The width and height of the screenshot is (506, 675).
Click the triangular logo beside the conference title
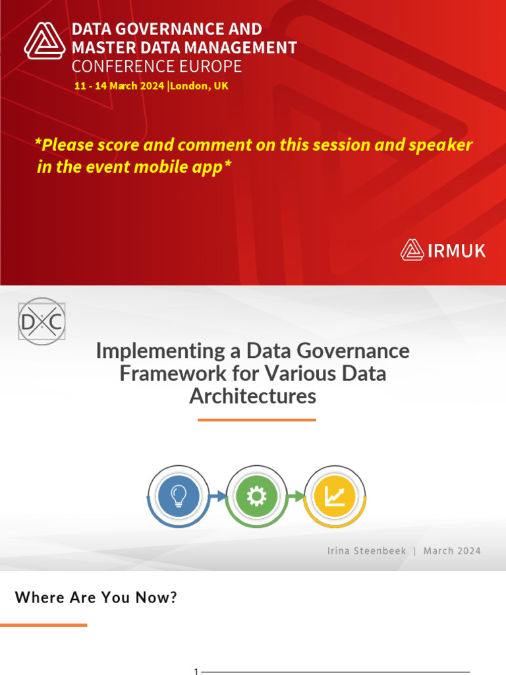click(x=45, y=41)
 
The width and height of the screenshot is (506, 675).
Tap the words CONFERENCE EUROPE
click(x=157, y=67)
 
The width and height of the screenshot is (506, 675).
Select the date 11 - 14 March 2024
click(x=119, y=86)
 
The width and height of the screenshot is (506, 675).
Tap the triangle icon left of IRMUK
click(x=412, y=250)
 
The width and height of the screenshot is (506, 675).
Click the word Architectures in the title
click(x=253, y=396)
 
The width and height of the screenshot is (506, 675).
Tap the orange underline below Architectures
click(x=256, y=420)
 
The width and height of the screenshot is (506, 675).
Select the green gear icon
click(x=255, y=496)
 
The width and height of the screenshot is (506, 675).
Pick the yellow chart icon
click(x=334, y=496)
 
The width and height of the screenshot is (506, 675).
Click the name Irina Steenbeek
click(x=366, y=550)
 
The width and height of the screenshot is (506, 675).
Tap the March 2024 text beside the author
click(x=452, y=550)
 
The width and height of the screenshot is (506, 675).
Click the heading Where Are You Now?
click(x=96, y=598)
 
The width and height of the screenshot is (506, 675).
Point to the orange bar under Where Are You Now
click(x=43, y=624)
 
